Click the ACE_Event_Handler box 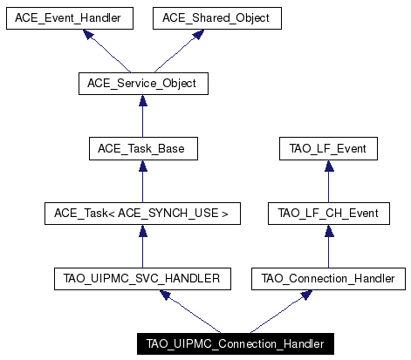click(70, 18)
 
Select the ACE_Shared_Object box click(217, 18)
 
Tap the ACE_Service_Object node click(143, 84)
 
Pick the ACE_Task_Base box click(143, 149)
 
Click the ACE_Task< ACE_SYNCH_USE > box click(142, 214)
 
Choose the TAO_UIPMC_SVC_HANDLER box click(142, 279)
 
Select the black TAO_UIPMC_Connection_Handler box click(236, 344)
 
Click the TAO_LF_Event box click(328, 149)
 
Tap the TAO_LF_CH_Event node click(329, 214)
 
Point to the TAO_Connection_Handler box click(328, 279)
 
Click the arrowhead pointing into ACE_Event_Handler click(88, 34)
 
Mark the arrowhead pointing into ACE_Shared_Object click(198, 34)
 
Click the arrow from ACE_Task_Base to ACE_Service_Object click(143, 116)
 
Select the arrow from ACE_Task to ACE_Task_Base click(143, 181)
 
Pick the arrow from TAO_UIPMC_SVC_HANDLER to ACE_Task click(143, 247)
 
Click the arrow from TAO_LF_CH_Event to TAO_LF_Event click(329, 181)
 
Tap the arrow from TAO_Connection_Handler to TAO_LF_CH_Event click(329, 247)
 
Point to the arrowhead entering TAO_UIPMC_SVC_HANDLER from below click(165, 295)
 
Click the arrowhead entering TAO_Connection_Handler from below click(306, 295)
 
